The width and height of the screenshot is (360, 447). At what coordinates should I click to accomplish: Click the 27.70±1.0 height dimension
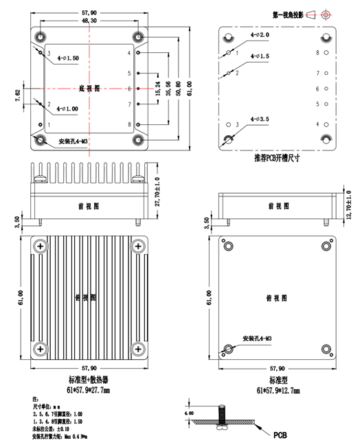tap(157, 190)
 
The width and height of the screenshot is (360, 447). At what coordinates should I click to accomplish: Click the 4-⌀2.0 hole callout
tap(260, 34)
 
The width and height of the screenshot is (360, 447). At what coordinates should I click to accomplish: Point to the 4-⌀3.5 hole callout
tap(260, 119)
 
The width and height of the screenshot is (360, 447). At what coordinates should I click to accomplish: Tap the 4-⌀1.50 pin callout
tap(67, 58)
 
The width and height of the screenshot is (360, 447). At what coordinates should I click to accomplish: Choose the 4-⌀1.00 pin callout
tap(67, 108)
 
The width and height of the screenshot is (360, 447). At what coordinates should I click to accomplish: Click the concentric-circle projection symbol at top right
tap(326, 14)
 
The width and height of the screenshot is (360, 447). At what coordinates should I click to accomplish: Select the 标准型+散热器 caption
tap(90, 380)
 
